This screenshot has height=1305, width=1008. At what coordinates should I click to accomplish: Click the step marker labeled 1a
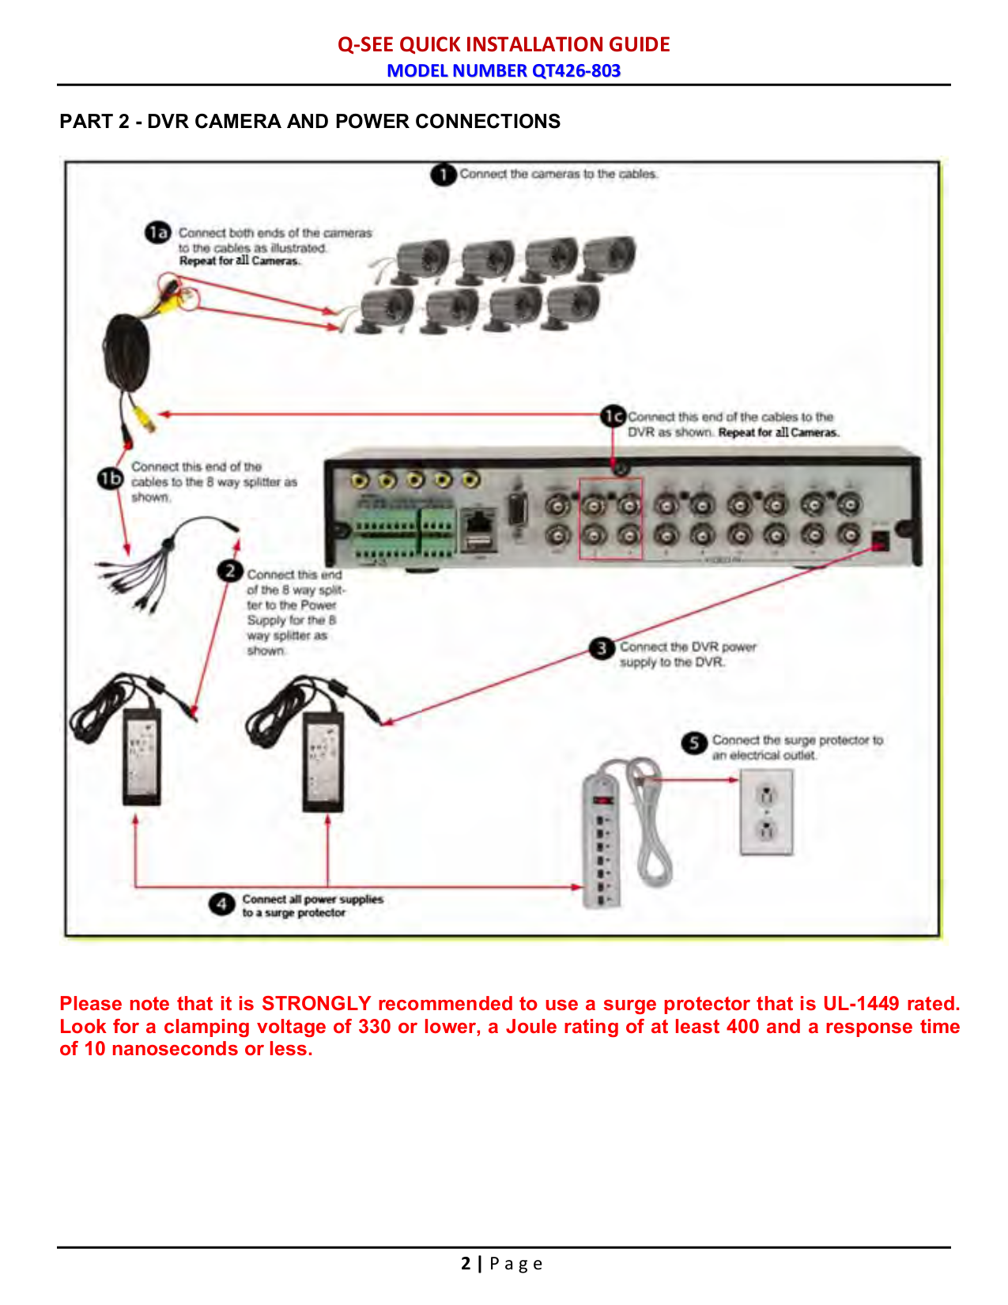pyautogui.click(x=157, y=232)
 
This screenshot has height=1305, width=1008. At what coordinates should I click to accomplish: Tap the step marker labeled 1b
pyautogui.click(x=110, y=479)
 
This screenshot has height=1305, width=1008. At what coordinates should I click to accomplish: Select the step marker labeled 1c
pyautogui.click(x=613, y=416)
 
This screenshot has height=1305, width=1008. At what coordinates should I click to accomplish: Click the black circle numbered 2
pyautogui.click(x=229, y=571)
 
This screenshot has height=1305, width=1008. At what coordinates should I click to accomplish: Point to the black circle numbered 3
pyautogui.click(x=602, y=648)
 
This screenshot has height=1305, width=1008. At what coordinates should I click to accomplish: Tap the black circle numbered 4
pyautogui.click(x=221, y=903)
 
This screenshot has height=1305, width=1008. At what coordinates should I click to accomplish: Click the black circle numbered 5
pyautogui.click(x=693, y=742)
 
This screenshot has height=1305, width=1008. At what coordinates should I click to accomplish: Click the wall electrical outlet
pyautogui.click(x=765, y=813)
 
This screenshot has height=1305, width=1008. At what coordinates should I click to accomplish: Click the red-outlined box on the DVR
pyautogui.click(x=610, y=519)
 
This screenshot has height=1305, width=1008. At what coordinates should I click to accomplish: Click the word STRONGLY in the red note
pyautogui.click(x=315, y=1003)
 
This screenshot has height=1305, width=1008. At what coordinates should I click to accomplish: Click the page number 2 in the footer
pyautogui.click(x=466, y=1263)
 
